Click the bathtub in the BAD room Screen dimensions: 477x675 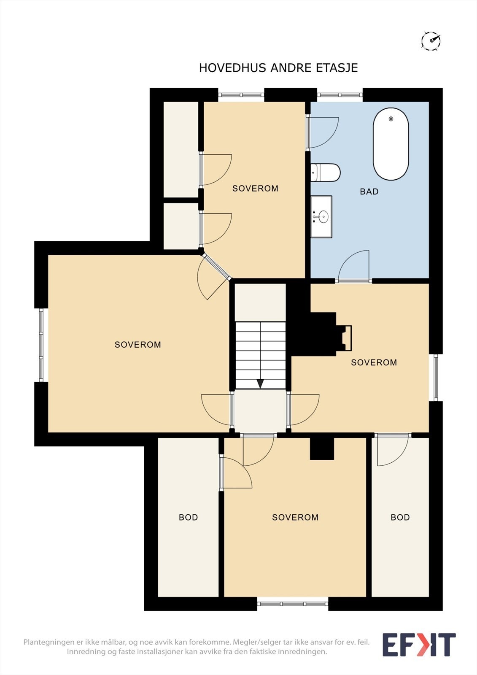click(x=391, y=144)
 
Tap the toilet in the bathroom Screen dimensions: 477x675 click(x=326, y=173)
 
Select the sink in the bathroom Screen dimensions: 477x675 click(x=321, y=217)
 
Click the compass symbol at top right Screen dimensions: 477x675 click(x=431, y=40)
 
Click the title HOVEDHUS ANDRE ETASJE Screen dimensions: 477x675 click(x=278, y=68)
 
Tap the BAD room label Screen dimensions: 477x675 click(x=369, y=192)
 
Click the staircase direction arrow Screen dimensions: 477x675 click(x=260, y=383)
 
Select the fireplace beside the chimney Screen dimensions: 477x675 click(x=344, y=338)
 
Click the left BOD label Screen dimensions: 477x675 click(x=189, y=517)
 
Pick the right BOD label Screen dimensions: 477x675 click(x=400, y=517)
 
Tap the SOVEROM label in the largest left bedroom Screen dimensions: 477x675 click(x=138, y=344)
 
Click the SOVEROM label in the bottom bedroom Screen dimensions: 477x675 click(x=295, y=517)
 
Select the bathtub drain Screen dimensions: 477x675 click(x=391, y=119)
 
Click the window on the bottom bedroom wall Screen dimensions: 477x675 click(x=293, y=604)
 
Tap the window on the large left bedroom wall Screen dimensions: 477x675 click(x=41, y=345)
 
